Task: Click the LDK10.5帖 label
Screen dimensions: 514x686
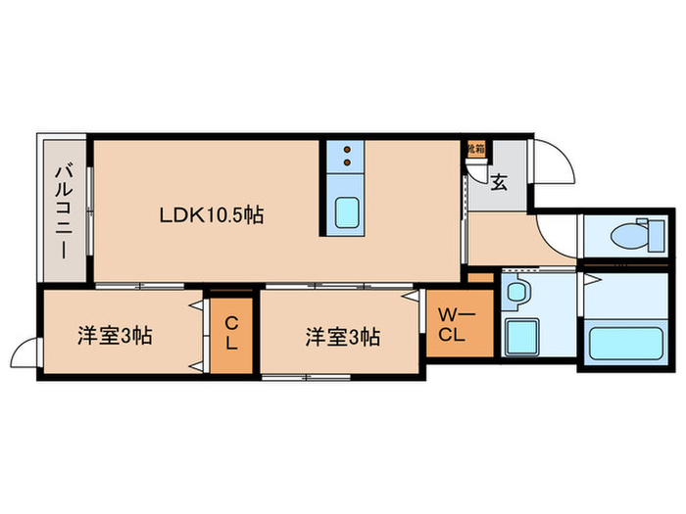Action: coord(212,214)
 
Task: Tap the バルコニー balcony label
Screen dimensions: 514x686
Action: coord(62,210)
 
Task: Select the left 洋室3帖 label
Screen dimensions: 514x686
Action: coord(115,337)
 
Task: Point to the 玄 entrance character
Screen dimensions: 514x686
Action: coord(499,181)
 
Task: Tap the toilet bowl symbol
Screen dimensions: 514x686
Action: coord(624,236)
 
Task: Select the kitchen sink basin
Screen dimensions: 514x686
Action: coord(348,210)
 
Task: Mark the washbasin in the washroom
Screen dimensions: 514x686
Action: coord(517,291)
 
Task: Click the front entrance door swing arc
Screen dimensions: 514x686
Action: coord(549,162)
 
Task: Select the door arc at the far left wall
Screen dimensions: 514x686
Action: coord(24,350)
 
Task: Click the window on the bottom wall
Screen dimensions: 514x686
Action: coord(306,376)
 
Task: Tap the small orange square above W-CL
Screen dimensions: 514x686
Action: coord(480,278)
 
